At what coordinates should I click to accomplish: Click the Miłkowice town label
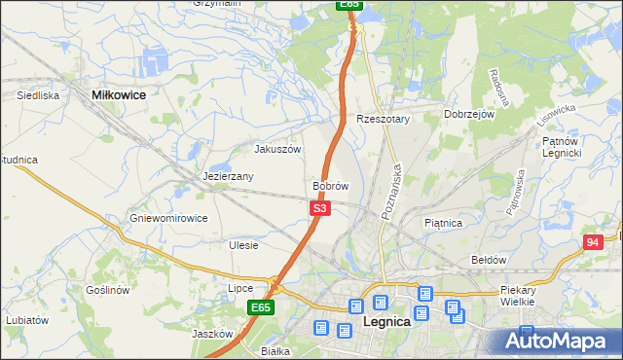(118, 95)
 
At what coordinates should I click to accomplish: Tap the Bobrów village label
(331, 185)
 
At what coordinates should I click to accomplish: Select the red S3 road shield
(320, 208)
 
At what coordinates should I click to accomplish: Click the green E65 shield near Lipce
(259, 307)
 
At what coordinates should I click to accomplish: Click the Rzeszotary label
(384, 119)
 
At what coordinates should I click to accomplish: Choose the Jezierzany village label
(229, 177)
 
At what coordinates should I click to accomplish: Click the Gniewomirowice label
(168, 218)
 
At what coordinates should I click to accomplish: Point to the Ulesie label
(243, 245)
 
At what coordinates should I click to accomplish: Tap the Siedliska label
(39, 96)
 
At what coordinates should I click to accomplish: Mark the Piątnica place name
(444, 223)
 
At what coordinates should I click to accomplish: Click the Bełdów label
(489, 260)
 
